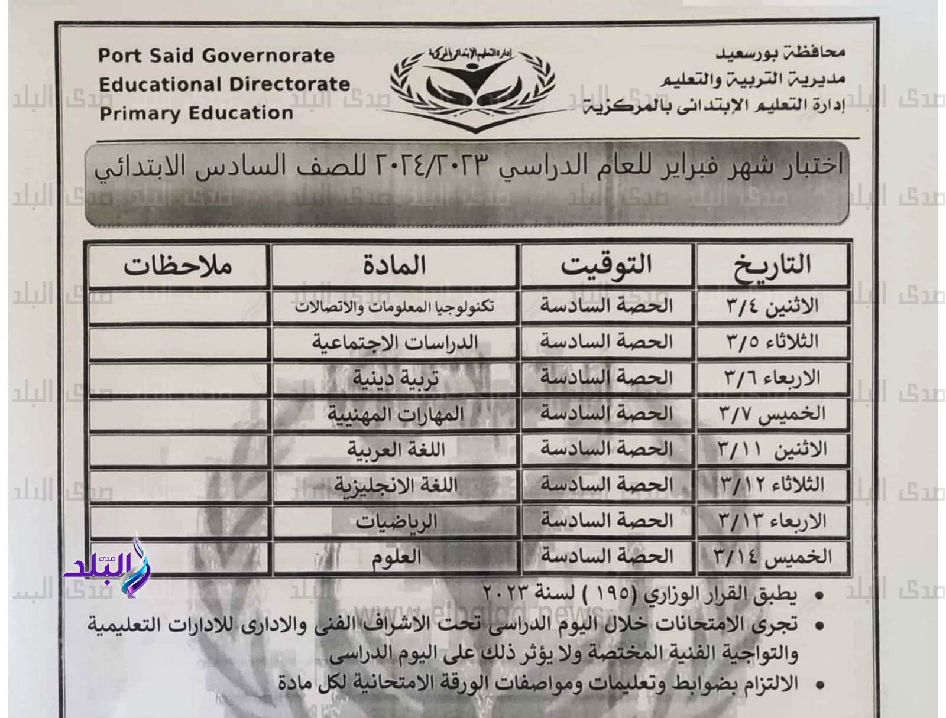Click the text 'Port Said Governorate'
coord(216,56)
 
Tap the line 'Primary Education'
coord(196,113)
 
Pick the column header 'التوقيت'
coord(606,266)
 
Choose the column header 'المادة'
coord(394,266)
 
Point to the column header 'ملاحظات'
coord(178,266)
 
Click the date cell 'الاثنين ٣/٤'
coord(772,307)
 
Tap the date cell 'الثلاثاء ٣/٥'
coord(772,342)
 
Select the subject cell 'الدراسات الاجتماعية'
coord(394,343)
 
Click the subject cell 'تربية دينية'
coord(394,378)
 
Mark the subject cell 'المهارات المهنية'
coord(394,414)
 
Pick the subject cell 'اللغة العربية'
coord(394,450)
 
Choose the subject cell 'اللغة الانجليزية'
coord(394,485)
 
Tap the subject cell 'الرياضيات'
coord(394,521)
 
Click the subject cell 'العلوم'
coord(394,557)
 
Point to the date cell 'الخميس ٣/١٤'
coord(772,557)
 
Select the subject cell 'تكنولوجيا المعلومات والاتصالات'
coord(394,307)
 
